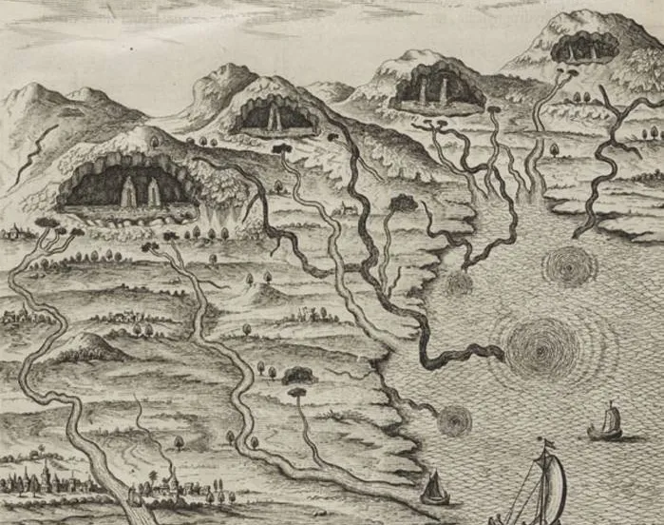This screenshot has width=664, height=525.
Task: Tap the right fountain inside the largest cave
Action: tap(154, 194)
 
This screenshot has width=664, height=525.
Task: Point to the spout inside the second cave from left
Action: tap(275, 118)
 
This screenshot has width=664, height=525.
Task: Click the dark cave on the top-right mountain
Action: tap(584, 47)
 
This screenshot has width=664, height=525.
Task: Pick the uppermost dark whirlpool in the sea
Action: tap(570, 266)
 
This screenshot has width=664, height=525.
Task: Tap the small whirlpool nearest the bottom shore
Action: tap(454, 419)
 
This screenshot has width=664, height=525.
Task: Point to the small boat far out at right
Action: tap(605, 424)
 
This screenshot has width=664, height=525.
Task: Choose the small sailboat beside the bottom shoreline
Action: tap(435, 489)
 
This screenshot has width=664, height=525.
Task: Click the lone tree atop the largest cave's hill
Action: tap(154, 143)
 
